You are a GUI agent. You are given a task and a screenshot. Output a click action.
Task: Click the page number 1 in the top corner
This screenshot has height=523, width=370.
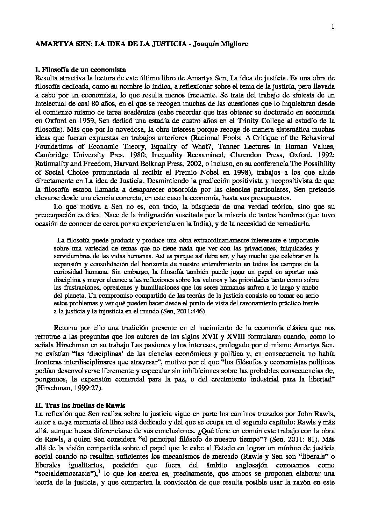tap(333, 27)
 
